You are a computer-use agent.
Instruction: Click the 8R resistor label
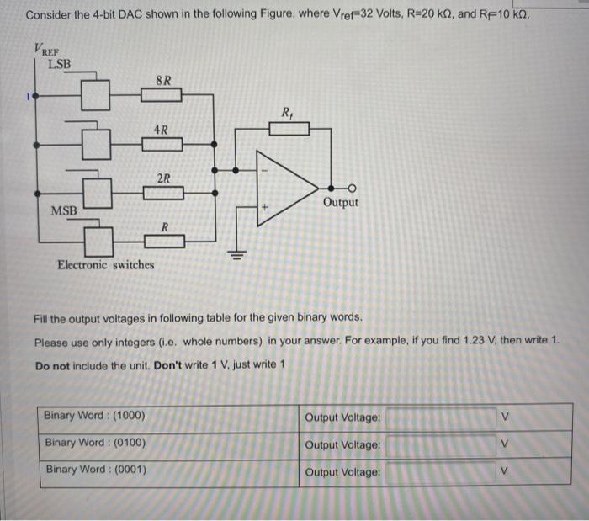(164, 81)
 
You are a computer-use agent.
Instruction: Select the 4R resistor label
(161, 130)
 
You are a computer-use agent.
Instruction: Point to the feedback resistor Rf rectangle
(289, 129)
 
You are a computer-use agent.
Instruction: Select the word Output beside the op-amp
(340, 203)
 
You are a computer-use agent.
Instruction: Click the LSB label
(59, 63)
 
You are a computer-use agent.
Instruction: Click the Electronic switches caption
(105, 265)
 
